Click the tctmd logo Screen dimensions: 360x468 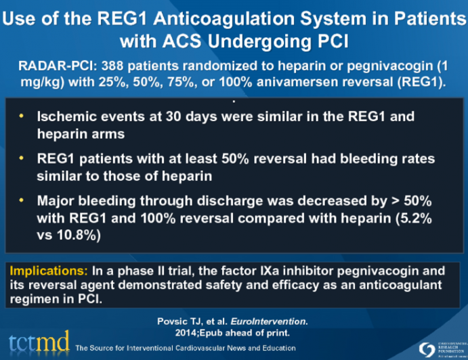pyautogui.click(x=39, y=342)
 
